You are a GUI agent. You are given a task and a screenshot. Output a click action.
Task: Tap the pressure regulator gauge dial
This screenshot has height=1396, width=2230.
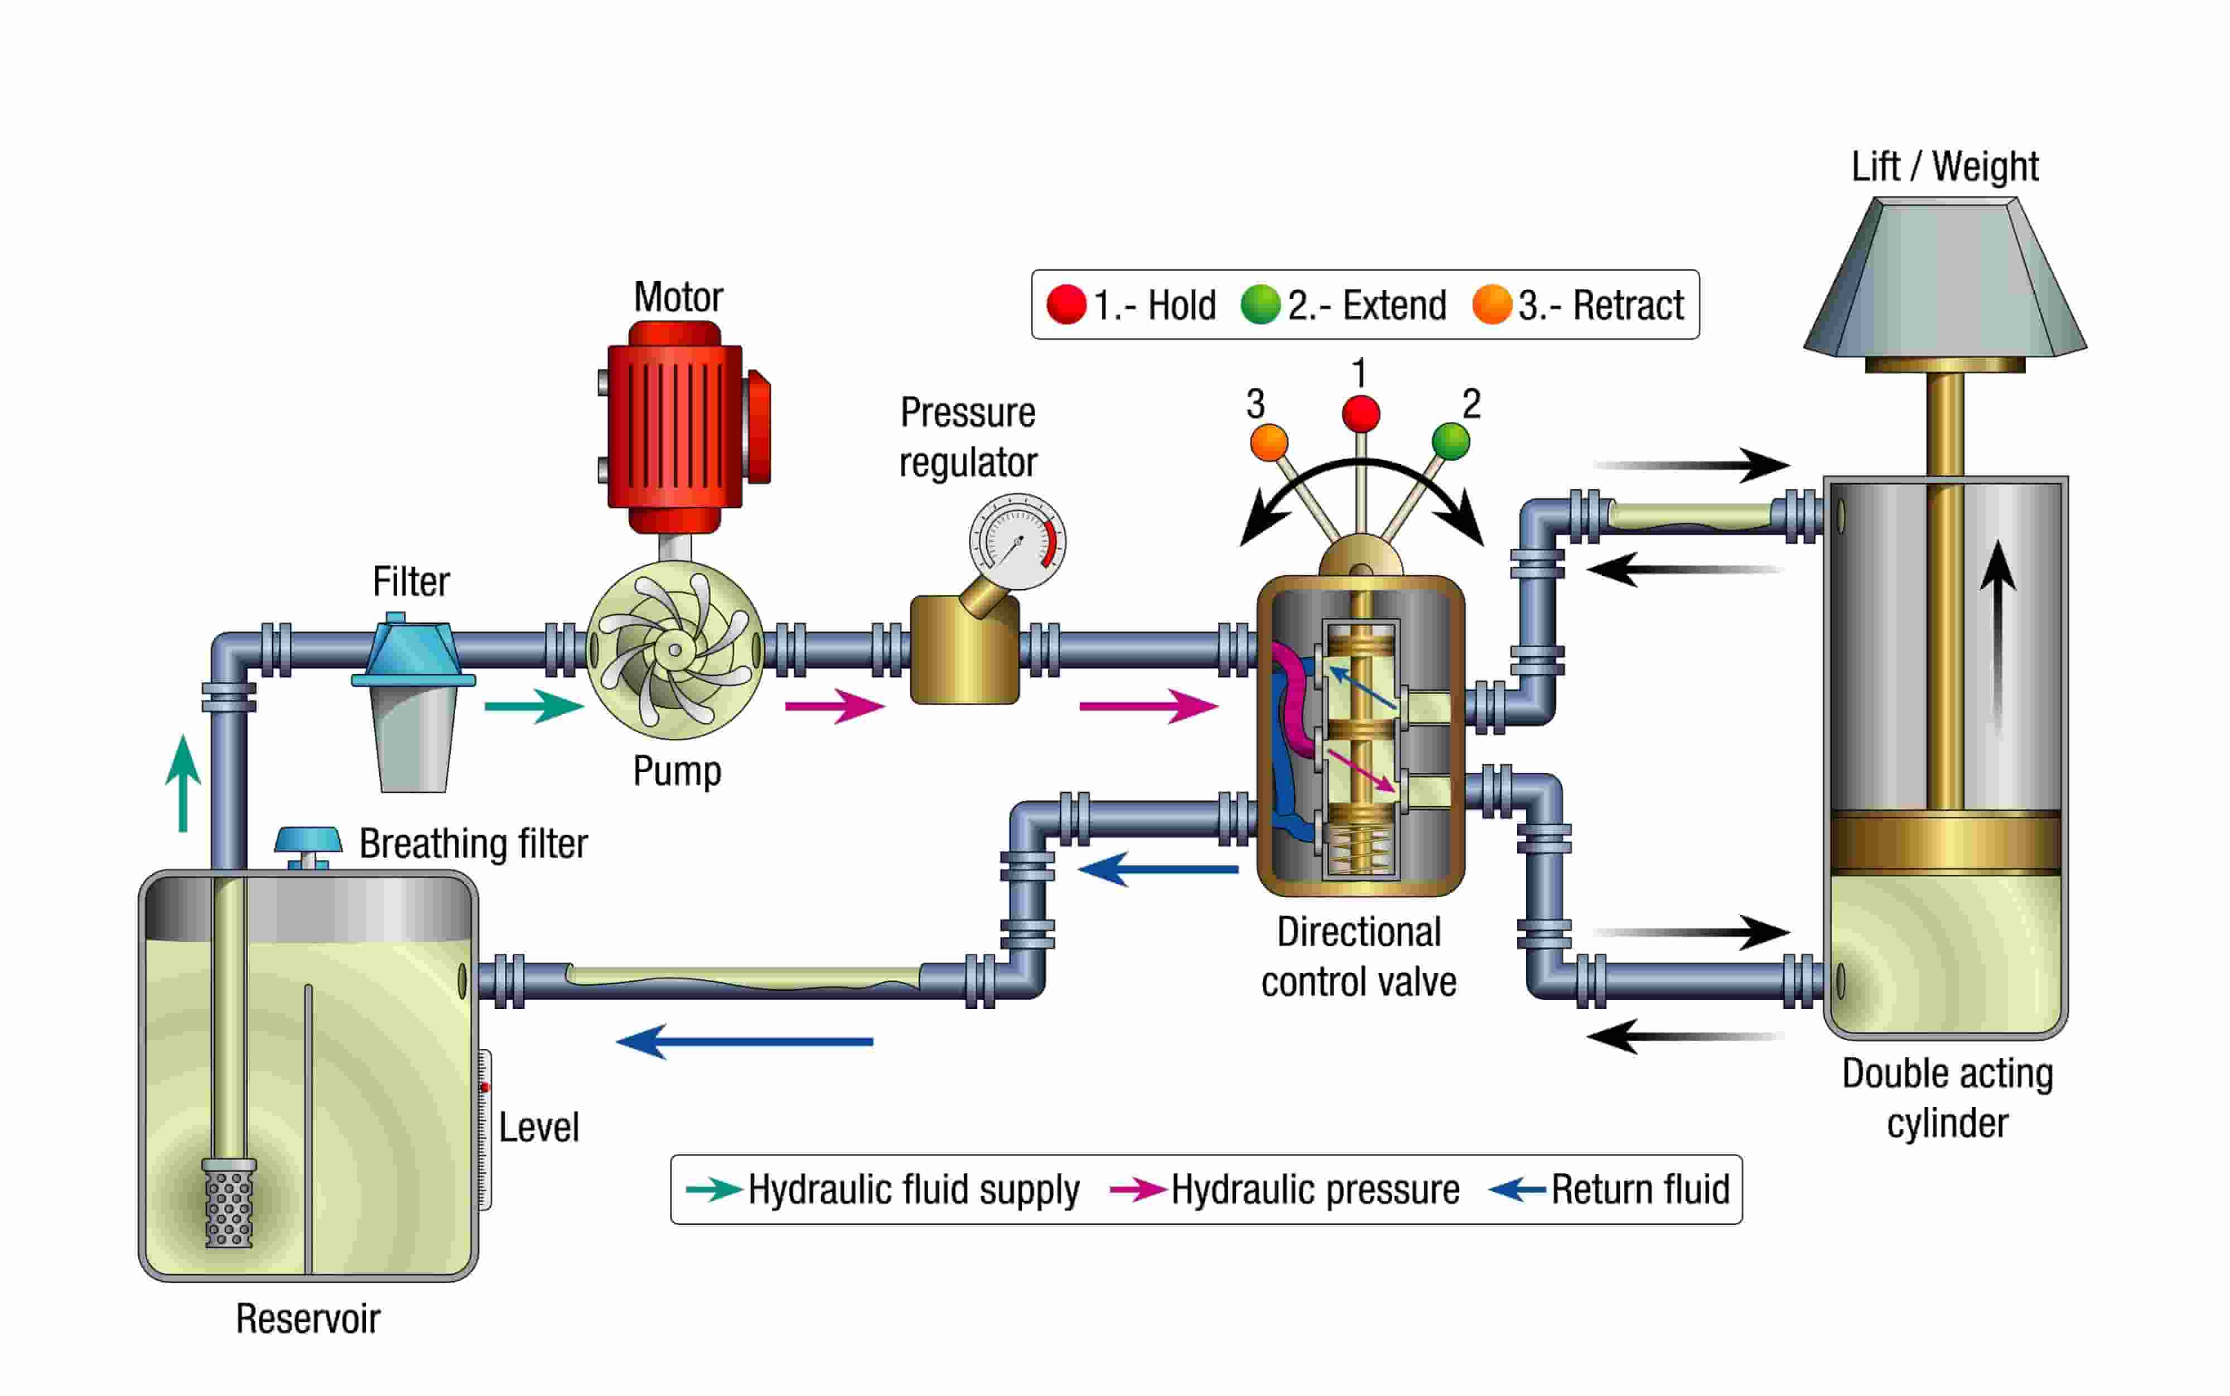click(x=1016, y=542)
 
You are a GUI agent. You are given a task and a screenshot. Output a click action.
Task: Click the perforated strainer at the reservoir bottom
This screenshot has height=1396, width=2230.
click(x=229, y=1203)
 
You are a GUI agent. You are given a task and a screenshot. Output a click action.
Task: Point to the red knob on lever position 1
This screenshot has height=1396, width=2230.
click(x=1360, y=413)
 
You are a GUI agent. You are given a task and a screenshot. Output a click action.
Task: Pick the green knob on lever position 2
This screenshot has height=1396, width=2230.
click(x=1450, y=440)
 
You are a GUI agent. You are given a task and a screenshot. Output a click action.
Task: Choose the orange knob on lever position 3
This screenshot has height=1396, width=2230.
click(x=1269, y=442)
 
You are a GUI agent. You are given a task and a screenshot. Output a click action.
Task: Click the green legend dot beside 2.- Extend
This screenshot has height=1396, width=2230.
click(x=1260, y=305)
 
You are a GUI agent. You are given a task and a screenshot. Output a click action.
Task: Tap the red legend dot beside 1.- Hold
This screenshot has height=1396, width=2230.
click(x=1066, y=305)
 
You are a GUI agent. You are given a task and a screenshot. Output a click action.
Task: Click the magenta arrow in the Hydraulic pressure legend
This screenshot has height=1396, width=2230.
click(x=1137, y=1189)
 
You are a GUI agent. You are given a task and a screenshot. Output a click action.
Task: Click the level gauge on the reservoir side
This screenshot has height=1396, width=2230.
click(x=484, y=1128)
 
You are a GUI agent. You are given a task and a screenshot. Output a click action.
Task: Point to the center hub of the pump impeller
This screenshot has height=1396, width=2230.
click(x=675, y=650)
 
